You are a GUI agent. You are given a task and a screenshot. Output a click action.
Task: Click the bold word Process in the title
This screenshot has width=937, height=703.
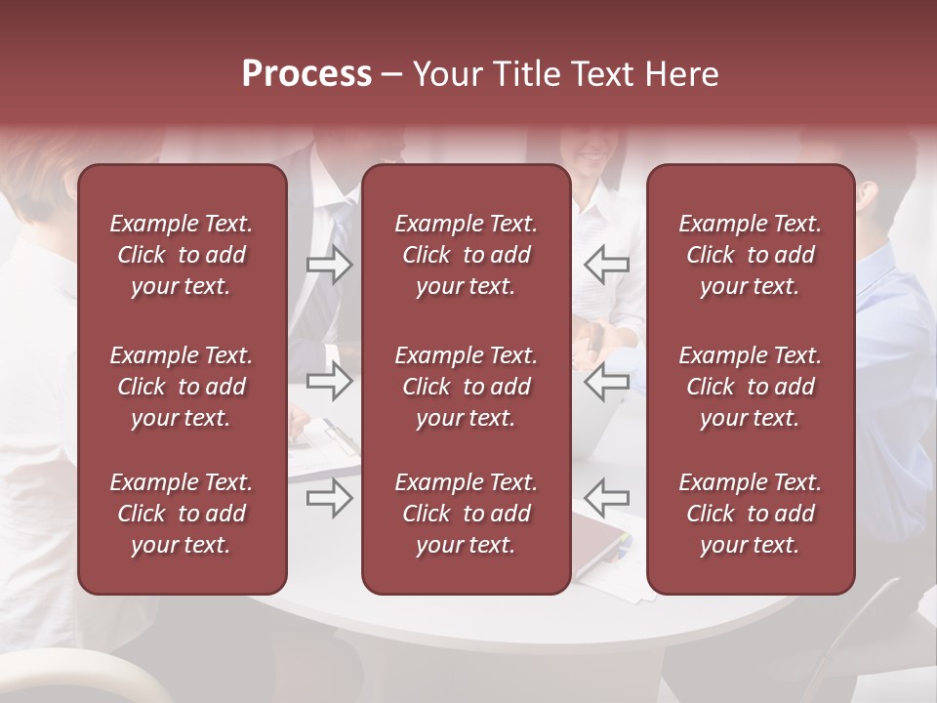tap(306, 74)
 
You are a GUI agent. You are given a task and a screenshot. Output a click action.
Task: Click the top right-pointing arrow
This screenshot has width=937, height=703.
tap(329, 264)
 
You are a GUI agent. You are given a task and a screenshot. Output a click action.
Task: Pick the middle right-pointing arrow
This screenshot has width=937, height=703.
tap(329, 381)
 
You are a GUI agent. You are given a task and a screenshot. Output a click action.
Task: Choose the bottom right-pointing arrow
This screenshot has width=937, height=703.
tap(329, 498)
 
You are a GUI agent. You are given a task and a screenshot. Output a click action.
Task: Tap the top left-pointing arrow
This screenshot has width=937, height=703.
tap(606, 264)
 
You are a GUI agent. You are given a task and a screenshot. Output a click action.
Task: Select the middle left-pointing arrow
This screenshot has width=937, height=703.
tap(606, 381)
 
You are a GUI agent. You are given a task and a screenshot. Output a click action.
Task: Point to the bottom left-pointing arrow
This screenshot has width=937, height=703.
tap(606, 498)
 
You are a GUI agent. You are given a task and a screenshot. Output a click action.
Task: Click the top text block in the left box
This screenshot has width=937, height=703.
tap(182, 255)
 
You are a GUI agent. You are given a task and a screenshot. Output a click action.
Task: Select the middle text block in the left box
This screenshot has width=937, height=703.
tap(182, 387)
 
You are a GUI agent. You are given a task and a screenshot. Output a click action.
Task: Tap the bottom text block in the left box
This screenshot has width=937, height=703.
tap(182, 514)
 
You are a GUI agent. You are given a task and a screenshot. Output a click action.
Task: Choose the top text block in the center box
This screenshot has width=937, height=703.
tap(467, 255)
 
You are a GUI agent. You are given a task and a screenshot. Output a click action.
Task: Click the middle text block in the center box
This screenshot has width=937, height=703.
tap(467, 387)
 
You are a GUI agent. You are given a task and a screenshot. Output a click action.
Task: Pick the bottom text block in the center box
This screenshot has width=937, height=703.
tap(467, 514)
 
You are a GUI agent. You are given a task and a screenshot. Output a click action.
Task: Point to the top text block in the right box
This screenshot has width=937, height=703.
tap(751, 255)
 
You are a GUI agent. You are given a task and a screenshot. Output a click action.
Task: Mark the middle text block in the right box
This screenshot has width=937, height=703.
tap(751, 387)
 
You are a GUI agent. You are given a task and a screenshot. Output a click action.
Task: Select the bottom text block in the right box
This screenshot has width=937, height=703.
tap(751, 514)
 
